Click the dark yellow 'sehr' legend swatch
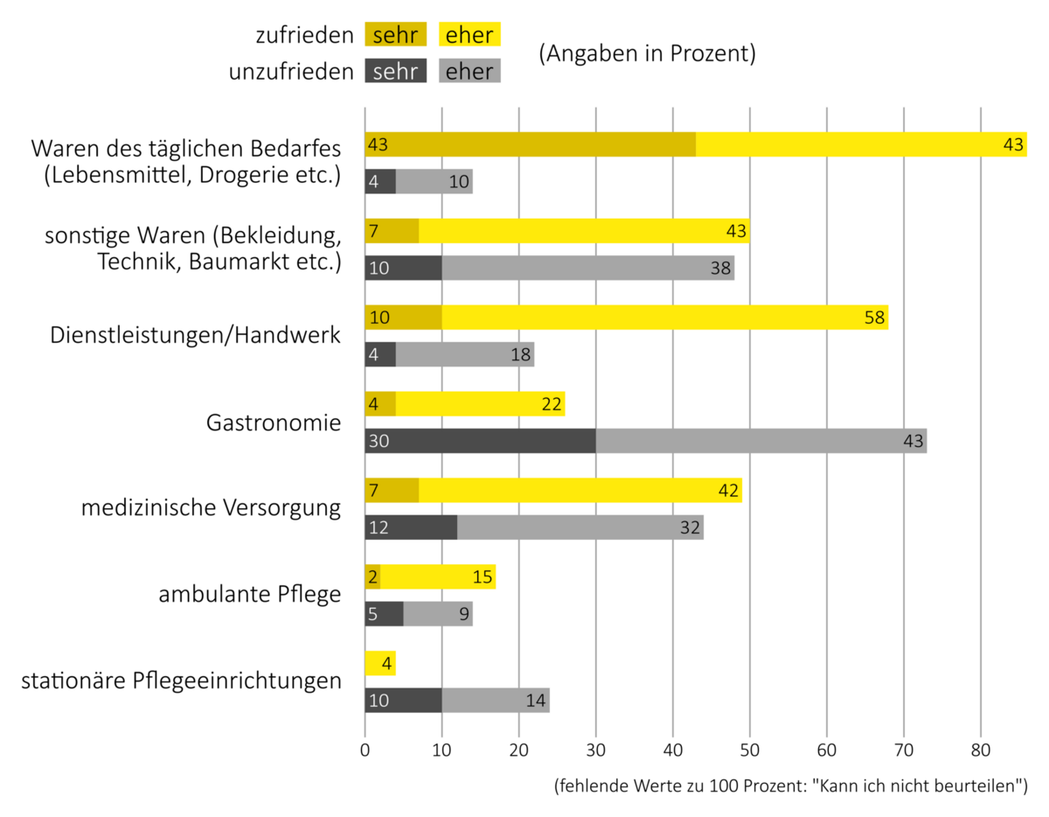(x=395, y=35)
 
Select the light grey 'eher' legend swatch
(x=469, y=71)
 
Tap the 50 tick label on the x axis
(x=749, y=750)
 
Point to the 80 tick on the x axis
(x=980, y=750)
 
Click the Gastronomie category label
(x=274, y=423)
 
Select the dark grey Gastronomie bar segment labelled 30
(x=480, y=441)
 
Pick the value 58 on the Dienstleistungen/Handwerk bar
(x=874, y=318)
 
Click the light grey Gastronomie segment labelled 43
(x=761, y=441)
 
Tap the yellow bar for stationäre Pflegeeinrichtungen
(x=379, y=663)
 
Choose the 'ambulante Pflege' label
(x=249, y=595)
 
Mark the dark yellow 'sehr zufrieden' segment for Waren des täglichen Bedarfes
(x=530, y=144)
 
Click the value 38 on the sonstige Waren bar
(x=720, y=269)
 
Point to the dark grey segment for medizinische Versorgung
(x=411, y=527)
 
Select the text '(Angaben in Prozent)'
(x=647, y=53)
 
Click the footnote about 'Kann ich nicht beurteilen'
(x=789, y=786)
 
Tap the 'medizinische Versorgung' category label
(x=211, y=508)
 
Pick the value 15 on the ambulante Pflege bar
(x=482, y=577)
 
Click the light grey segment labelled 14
(x=496, y=701)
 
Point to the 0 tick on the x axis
(x=365, y=750)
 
